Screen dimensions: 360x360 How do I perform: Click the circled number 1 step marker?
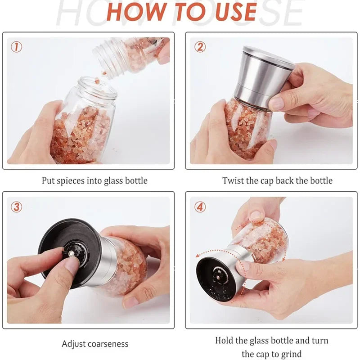pos(16,47)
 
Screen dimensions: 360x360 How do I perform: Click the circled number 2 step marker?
pos(200,47)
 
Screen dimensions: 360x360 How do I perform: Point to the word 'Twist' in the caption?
pos(233,181)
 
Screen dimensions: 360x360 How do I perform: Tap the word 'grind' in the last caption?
pos(291,354)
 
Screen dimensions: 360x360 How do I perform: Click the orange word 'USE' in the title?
pos(232,12)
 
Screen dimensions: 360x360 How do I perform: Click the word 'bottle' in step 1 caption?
pos(135,181)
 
